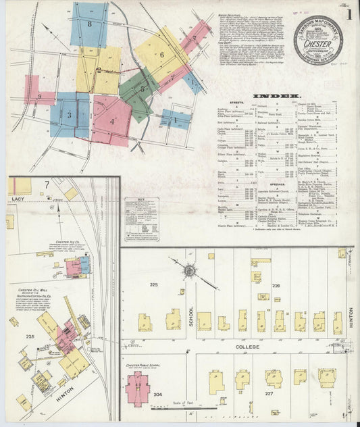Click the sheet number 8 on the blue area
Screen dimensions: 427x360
click(x=89, y=24)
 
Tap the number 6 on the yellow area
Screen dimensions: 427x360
click(x=161, y=55)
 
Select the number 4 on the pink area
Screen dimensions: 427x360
click(x=112, y=122)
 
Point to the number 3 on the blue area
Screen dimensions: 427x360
click(x=69, y=115)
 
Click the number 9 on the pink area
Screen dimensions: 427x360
click(x=40, y=97)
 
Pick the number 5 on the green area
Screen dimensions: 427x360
click(x=142, y=88)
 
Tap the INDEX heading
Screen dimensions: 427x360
click(x=272, y=96)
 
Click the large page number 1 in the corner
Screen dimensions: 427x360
click(x=349, y=13)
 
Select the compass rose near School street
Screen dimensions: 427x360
click(x=190, y=271)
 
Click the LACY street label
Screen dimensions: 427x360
click(x=18, y=199)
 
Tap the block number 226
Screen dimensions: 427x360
click(x=276, y=285)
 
